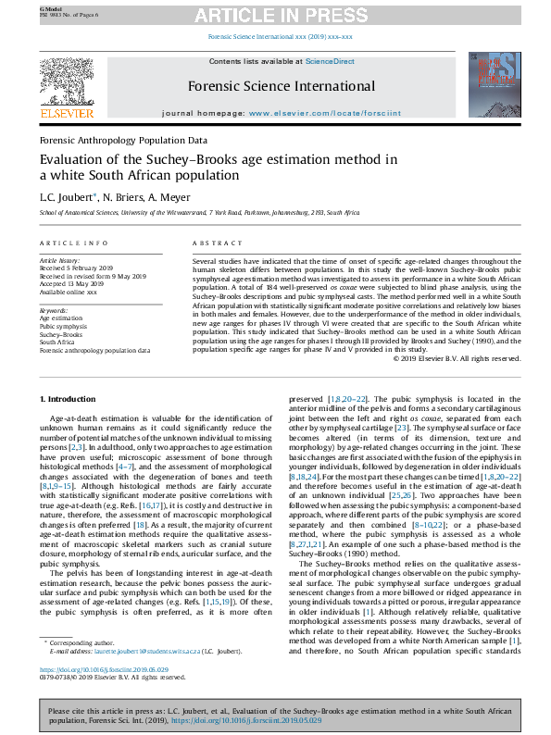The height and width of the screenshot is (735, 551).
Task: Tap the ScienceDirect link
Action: coord(331,61)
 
